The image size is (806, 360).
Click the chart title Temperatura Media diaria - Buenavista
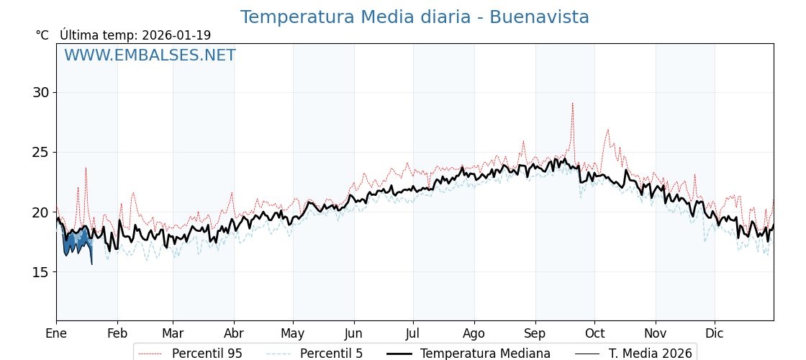pos(415,17)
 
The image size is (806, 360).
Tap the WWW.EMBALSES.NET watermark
pos(150,55)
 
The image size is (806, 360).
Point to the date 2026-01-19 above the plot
pos(176,35)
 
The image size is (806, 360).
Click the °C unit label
pos(42,35)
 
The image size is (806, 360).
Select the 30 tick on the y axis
pos(40,92)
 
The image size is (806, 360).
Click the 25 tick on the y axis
pos(40,152)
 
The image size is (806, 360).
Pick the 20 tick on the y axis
pos(40,212)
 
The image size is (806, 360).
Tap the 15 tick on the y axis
pos(40,271)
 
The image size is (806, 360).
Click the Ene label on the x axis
pos(56,333)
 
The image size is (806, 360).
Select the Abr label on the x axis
pos(234,333)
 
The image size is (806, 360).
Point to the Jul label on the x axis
pos(413,333)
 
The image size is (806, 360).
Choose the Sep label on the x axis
pos(535,333)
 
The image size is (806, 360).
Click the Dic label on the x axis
pos(715,333)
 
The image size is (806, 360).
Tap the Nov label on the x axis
pos(656,333)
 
